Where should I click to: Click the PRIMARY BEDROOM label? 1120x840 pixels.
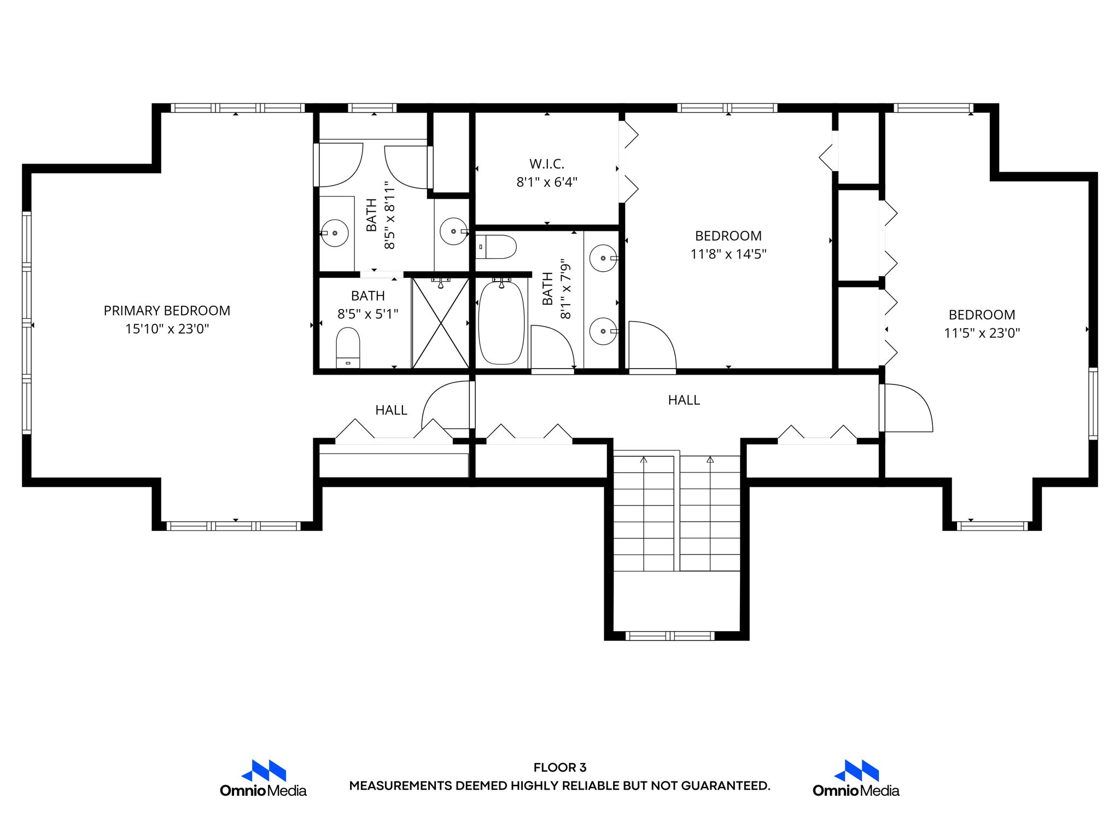coord(167,311)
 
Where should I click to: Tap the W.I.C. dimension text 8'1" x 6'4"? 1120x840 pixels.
coord(547,182)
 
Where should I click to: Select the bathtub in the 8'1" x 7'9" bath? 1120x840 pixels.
coord(501,323)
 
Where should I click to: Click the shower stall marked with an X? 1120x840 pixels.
coord(440,323)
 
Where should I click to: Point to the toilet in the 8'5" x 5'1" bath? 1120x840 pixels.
coord(348,347)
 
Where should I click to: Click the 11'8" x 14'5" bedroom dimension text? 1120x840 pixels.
coord(728,254)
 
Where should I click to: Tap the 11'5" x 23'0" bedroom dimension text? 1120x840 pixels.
coord(982,333)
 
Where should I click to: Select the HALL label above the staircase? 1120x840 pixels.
coord(684,400)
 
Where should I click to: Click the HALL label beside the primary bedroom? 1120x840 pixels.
coord(391,410)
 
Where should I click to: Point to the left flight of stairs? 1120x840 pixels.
coord(644,514)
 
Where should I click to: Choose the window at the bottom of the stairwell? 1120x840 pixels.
coord(670,635)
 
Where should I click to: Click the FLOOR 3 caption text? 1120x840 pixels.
coord(559,767)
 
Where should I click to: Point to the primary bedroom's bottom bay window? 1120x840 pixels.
coord(234,526)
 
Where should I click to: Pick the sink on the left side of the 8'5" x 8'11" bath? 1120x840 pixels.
coord(335,233)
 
